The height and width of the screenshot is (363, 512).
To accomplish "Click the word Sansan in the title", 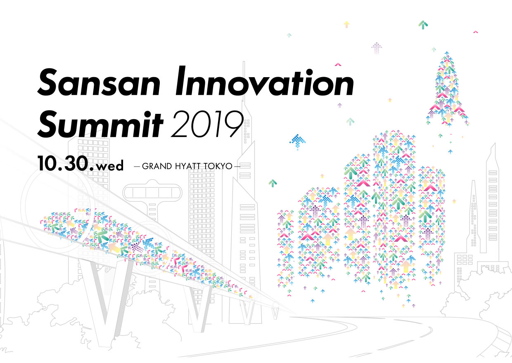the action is (x=99, y=82).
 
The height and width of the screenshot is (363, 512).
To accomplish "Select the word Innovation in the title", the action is (x=264, y=81).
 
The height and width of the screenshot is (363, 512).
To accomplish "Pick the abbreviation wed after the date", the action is (x=110, y=166).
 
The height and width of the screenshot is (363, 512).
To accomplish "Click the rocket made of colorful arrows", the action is (x=447, y=89).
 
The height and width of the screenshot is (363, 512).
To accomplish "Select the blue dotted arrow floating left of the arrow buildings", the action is (x=297, y=141).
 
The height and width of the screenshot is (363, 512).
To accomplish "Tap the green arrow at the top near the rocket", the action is (x=423, y=25).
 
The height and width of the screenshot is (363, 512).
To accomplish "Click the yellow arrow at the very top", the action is (x=347, y=24).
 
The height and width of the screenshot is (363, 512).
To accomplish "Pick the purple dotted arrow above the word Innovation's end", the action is (x=377, y=48).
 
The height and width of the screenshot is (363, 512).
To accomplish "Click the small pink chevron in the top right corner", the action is (x=476, y=32).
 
